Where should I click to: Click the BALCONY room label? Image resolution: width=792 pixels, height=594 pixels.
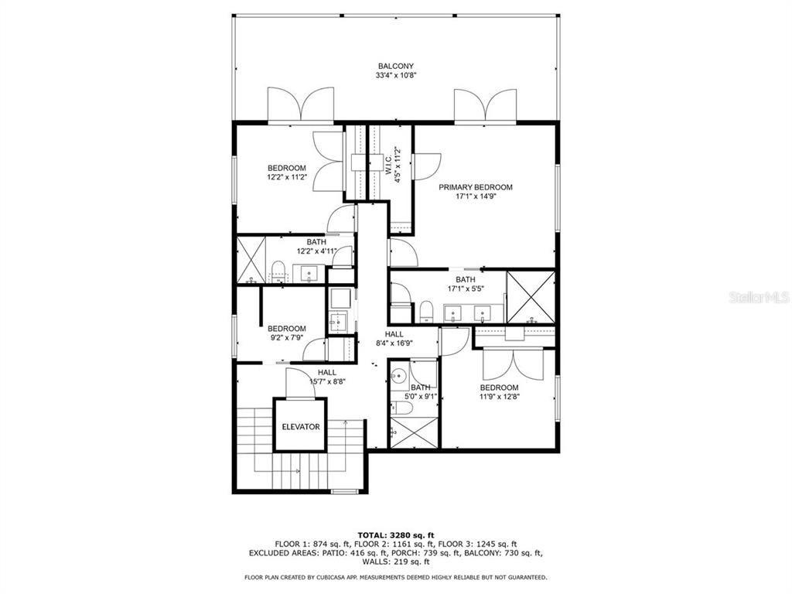396,66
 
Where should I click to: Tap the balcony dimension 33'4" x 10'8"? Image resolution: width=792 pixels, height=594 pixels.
396,75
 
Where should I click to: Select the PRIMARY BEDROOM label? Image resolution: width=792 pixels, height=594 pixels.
475,187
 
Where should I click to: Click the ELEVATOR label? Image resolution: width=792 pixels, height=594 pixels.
300,426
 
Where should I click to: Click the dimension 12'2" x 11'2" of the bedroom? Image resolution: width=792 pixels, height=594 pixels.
287,177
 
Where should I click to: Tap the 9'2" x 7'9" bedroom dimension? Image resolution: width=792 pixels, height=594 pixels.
287,337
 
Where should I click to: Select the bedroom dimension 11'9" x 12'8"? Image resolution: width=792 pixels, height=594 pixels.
500,397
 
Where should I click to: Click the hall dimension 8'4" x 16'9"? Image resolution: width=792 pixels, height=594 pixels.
394,343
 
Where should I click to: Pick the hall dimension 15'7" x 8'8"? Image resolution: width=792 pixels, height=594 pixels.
326,381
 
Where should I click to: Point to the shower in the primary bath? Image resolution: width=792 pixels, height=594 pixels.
530,296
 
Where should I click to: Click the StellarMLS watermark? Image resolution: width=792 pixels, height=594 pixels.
757,297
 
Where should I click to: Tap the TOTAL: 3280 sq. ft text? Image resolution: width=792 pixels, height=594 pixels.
396,535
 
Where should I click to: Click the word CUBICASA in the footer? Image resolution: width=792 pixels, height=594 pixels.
334,577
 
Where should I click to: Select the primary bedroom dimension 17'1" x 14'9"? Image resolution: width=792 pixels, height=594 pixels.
475,196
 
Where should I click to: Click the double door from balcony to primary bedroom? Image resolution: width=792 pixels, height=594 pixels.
485,106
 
